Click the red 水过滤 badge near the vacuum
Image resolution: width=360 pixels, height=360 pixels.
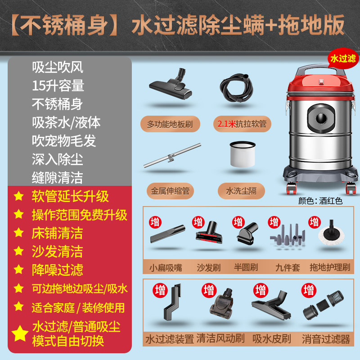tap(343, 58)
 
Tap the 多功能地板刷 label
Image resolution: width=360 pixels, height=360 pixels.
tap(170, 124)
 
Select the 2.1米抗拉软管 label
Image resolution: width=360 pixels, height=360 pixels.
tap(242, 124)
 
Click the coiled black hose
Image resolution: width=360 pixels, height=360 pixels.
tap(237, 87)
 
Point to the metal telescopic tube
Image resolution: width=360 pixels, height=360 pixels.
tap(172, 155)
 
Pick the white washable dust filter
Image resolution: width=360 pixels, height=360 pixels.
tap(243, 154)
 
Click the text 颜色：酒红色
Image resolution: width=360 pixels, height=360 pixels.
tap(320, 201)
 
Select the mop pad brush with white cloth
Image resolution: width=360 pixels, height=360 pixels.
tap(331, 234)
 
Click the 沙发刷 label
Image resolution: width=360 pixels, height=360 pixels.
tap(208, 267)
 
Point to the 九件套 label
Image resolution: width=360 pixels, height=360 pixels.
tap(288, 267)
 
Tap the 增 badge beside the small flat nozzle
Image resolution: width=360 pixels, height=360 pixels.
tap(155, 222)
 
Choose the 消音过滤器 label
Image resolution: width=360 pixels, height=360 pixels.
tap(326, 339)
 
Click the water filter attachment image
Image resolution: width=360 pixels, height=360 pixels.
tap(172, 302)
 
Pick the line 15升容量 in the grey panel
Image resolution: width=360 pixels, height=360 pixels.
tap(58, 85)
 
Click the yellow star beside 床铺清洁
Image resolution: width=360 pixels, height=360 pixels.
tap(18, 233)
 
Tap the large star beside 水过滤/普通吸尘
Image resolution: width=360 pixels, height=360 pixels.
tap(20, 333)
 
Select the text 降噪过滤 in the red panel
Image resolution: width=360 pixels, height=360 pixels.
tap(58, 270)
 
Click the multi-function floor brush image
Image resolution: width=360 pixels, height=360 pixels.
tap(171, 84)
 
